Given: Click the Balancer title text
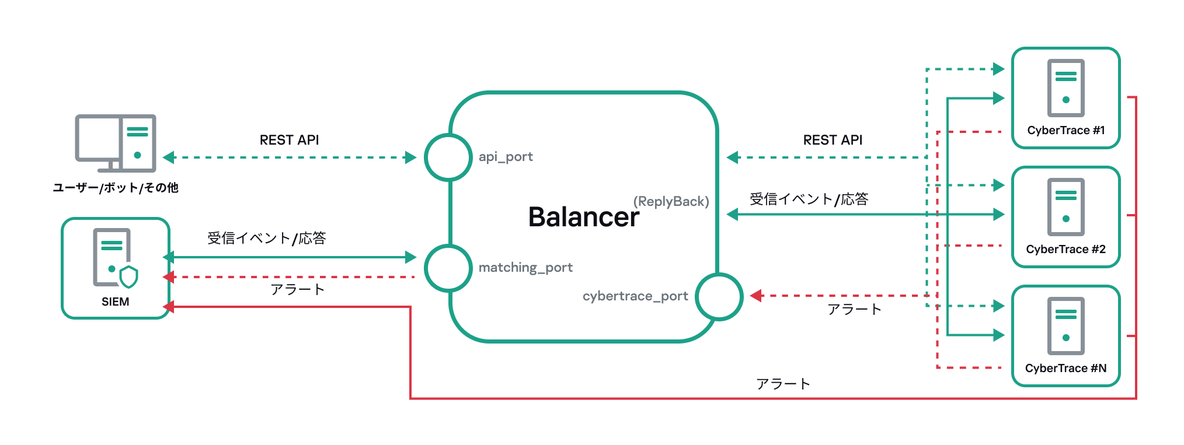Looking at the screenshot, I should pos(583,217).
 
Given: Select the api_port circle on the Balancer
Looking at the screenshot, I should pos(448,157).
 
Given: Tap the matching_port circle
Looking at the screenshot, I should pos(448,268).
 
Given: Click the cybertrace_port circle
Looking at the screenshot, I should pos(719,296).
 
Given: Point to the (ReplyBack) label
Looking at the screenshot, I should pos(671,201).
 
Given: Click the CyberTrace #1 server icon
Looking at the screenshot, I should pos(1065,87).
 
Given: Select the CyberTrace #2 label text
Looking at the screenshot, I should pos(1065,249).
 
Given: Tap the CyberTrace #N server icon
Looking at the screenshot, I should pos(1065,325).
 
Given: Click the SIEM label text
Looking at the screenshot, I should pos(115,302).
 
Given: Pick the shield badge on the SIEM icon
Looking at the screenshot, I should pos(128,276).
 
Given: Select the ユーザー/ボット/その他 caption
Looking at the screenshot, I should pos(115,188).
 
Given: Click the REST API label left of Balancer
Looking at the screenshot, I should pos(289,140).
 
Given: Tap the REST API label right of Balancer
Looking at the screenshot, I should pos(833,140).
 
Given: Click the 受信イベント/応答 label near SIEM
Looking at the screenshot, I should pos(266,238).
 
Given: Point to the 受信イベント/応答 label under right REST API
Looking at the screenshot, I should pos(809,199).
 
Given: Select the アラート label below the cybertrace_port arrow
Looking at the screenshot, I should pos(854,309).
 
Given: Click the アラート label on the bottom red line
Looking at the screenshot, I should pos(782,384).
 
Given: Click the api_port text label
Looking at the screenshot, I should pos(506,157).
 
